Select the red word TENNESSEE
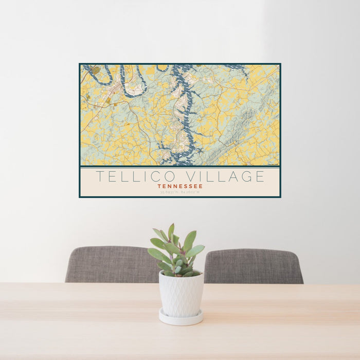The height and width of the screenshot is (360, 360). coord(180,186)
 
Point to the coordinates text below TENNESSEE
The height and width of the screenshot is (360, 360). coord(180,192)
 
